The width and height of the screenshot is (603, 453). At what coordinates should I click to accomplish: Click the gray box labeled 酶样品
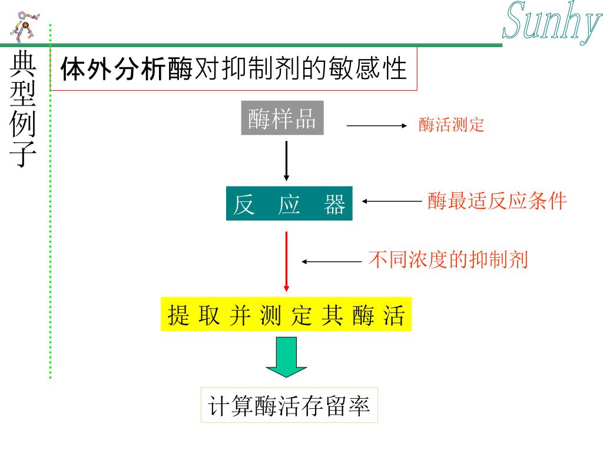[x=282, y=119]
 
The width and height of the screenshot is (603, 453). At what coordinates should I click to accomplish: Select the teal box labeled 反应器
[x=289, y=203]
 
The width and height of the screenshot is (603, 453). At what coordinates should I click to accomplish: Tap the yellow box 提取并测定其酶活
[x=286, y=315]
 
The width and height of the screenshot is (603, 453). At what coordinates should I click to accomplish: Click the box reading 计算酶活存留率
[x=289, y=405]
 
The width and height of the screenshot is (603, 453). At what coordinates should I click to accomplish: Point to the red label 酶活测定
[x=451, y=125]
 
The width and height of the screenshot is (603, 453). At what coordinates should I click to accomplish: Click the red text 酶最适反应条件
[x=496, y=201]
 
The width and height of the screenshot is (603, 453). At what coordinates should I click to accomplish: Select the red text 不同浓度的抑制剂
[x=448, y=260]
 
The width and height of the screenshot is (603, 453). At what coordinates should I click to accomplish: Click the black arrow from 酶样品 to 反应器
[x=286, y=160]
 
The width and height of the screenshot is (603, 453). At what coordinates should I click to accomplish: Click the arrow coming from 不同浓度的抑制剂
[x=331, y=261]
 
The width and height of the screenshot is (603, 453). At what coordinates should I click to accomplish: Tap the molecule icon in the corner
[x=25, y=25]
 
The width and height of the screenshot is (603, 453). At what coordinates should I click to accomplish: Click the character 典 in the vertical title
[x=23, y=65]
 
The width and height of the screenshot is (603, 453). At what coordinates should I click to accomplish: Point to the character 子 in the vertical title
[x=23, y=154]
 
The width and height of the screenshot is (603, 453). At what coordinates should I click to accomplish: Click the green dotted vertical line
[x=51, y=201]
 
